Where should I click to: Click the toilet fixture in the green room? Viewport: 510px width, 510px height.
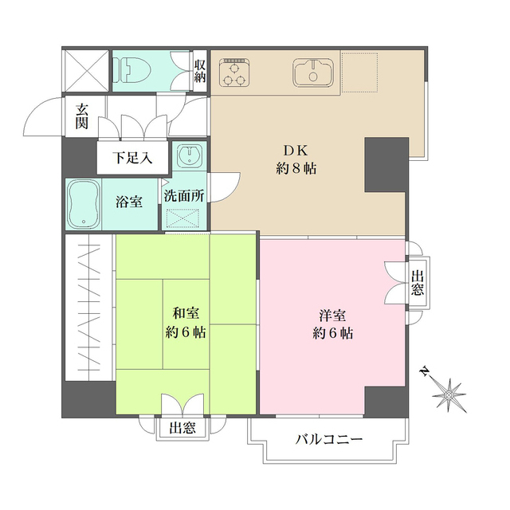(132, 71)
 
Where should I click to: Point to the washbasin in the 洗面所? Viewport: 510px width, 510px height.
(189, 155)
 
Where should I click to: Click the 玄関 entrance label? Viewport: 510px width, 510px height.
(82, 116)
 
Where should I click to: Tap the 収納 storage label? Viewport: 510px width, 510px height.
(199, 71)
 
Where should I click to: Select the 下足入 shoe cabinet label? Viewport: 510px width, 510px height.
(132, 158)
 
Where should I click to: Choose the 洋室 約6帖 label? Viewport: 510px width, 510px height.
(332, 323)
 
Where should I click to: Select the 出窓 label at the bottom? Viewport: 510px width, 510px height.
(182, 429)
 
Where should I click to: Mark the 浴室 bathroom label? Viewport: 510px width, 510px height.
(130, 202)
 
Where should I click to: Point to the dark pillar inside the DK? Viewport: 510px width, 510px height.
(385, 164)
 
